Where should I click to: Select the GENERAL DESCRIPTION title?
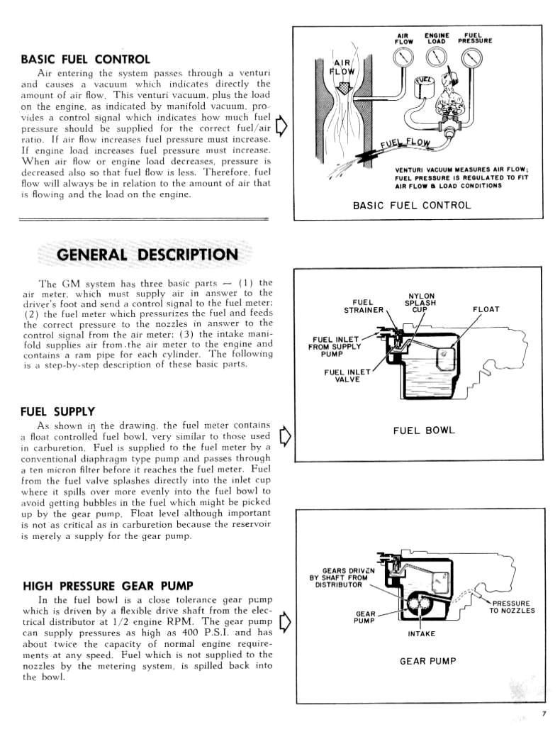point(137,255)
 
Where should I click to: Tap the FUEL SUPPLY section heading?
point(57,411)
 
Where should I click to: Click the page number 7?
point(544,714)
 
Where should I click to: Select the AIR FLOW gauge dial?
point(405,63)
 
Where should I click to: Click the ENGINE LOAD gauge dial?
point(437,63)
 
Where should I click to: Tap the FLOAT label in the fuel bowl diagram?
point(486,309)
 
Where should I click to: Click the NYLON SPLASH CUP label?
point(422,303)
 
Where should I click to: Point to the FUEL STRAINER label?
point(364,306)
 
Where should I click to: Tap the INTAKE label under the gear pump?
point(421,633)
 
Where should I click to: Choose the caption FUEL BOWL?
point(424,431)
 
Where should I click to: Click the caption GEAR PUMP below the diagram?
point(427,661)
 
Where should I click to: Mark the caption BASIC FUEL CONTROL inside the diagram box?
point(411,206)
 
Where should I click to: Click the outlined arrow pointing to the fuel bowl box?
point(285,434)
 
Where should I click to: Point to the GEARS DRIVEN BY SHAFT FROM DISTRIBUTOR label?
point(338,577)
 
